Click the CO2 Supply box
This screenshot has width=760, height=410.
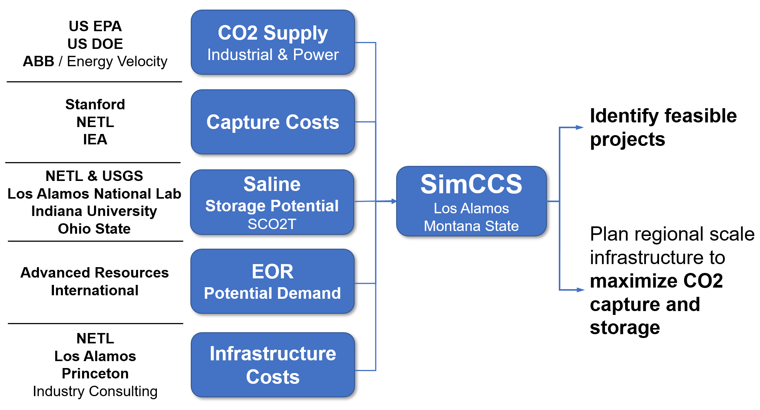[272, 42]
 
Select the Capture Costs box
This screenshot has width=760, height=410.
[272, 122]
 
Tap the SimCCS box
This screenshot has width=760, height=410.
[471, 201]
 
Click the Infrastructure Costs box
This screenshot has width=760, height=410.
[272, 365]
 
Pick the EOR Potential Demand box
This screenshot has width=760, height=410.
[272, 281]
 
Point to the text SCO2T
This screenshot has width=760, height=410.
[272, 224]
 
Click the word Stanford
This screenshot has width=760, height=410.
[95, 104]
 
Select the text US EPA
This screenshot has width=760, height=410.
[95, 26]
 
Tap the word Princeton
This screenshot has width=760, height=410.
[95, 373]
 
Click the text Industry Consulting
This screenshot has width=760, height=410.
[95, 391]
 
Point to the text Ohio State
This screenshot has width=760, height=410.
[94, 229]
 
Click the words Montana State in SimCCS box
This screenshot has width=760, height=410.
[471, 226]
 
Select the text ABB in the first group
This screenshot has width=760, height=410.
[39, 62]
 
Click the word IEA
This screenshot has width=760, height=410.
[95, 139]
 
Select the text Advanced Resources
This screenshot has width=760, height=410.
[94, 273]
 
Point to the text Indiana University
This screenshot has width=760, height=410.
[94, 211]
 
